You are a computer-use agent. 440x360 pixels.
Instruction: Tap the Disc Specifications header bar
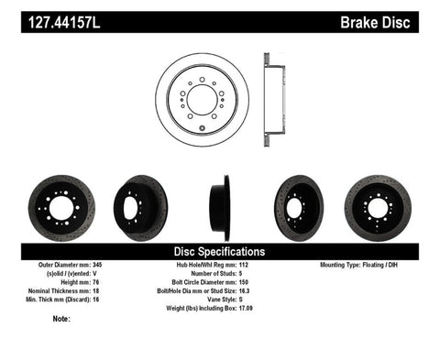pos(219,251)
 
